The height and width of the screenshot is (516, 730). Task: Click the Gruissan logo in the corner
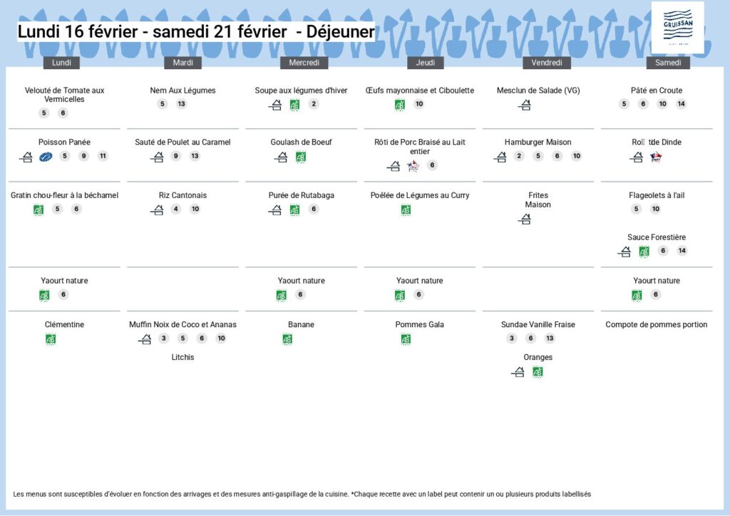point(677,27)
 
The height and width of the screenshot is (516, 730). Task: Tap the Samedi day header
point(668,63)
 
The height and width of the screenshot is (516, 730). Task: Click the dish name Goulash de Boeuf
point(301,143)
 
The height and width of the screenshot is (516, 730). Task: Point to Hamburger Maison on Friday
point(538,143)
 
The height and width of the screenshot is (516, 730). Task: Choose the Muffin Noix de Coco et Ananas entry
point(182,325)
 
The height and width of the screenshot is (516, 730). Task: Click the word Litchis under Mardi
point(182,357)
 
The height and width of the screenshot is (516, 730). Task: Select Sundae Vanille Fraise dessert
point(538,325)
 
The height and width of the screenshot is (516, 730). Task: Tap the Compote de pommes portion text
point(656,325)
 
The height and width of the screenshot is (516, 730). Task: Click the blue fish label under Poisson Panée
point(46,157)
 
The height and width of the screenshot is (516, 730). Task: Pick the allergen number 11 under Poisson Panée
point(103,156)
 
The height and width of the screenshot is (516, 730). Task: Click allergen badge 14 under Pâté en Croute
point(681,104)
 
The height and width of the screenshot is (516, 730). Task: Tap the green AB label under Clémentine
point(51,339)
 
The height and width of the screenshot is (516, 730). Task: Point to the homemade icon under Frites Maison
point(525,220)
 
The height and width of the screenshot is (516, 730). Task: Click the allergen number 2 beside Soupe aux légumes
point(314,104)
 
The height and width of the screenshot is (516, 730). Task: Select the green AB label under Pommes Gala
point(406,339)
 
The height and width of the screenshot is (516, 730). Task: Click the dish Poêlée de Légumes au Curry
point(420,195)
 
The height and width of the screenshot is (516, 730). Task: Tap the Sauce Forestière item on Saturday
point(657,237)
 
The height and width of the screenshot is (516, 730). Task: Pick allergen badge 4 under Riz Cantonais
point(176,209)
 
